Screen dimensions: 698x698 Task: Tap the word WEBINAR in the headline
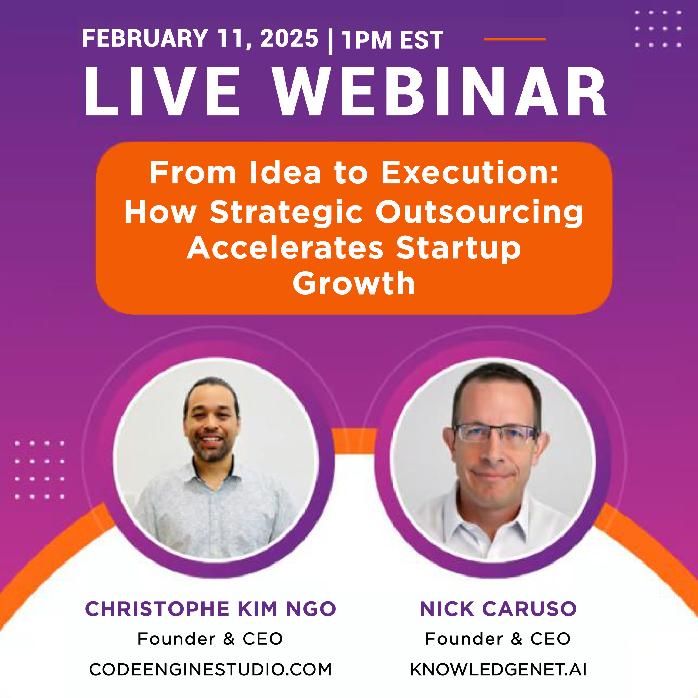click(439, 91)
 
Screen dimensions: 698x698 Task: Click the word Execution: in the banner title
click(470, 172)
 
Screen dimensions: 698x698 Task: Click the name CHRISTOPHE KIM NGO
click(210, 609)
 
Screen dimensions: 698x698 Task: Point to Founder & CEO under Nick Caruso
click(498, 639)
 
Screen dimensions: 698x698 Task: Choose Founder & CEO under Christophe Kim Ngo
click(210, 639)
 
